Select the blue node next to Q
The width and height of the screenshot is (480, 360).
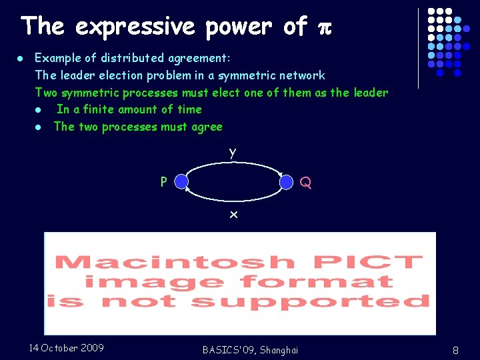coord(287,182)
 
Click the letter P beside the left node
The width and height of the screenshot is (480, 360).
coord(163,181)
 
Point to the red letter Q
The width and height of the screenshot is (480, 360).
coord(305,182)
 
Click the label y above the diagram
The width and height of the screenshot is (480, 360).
coord(232,153)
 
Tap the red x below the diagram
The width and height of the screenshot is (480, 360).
coord(233,215)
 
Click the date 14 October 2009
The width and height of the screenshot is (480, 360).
coord(67,347)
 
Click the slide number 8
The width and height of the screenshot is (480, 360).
coord(455,349)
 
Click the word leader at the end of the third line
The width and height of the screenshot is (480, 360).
coord(370,93)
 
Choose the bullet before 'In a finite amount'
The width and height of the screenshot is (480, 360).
coord(39,110)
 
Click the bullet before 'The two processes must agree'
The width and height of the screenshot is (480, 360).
coord(39,127)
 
